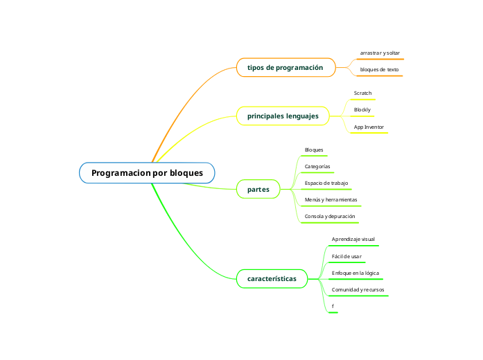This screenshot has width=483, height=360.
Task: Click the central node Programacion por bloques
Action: point(147,172)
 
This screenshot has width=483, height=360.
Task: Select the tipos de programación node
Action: point(285,68)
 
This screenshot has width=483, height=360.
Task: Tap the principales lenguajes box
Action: point(283,116)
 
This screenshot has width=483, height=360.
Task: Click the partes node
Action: point(258,189)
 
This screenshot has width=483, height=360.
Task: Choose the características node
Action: point(272,279)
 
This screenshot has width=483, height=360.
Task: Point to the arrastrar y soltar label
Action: point(380,53)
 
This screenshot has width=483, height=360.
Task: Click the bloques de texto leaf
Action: point(379,70)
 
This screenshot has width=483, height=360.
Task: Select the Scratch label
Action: point(362,93)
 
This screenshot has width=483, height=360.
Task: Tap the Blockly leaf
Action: point(362,110)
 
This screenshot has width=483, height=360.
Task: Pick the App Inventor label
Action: point(369,127)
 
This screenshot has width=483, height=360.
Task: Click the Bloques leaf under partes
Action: point(314,150)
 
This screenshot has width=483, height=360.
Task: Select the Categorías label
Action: point(317,167)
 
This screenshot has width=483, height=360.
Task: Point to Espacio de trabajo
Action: point(326,183)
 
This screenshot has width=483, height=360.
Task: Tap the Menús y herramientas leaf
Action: point(331,200)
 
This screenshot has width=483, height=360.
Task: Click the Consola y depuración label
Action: point(330,217)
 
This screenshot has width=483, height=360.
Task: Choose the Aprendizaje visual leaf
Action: point(353,239)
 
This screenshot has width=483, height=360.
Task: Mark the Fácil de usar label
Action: point(346,256)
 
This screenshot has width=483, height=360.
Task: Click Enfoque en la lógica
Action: point(355,273)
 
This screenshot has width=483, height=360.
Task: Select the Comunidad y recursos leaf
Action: point(358,289)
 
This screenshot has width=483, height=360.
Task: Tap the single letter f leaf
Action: point(333,306)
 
